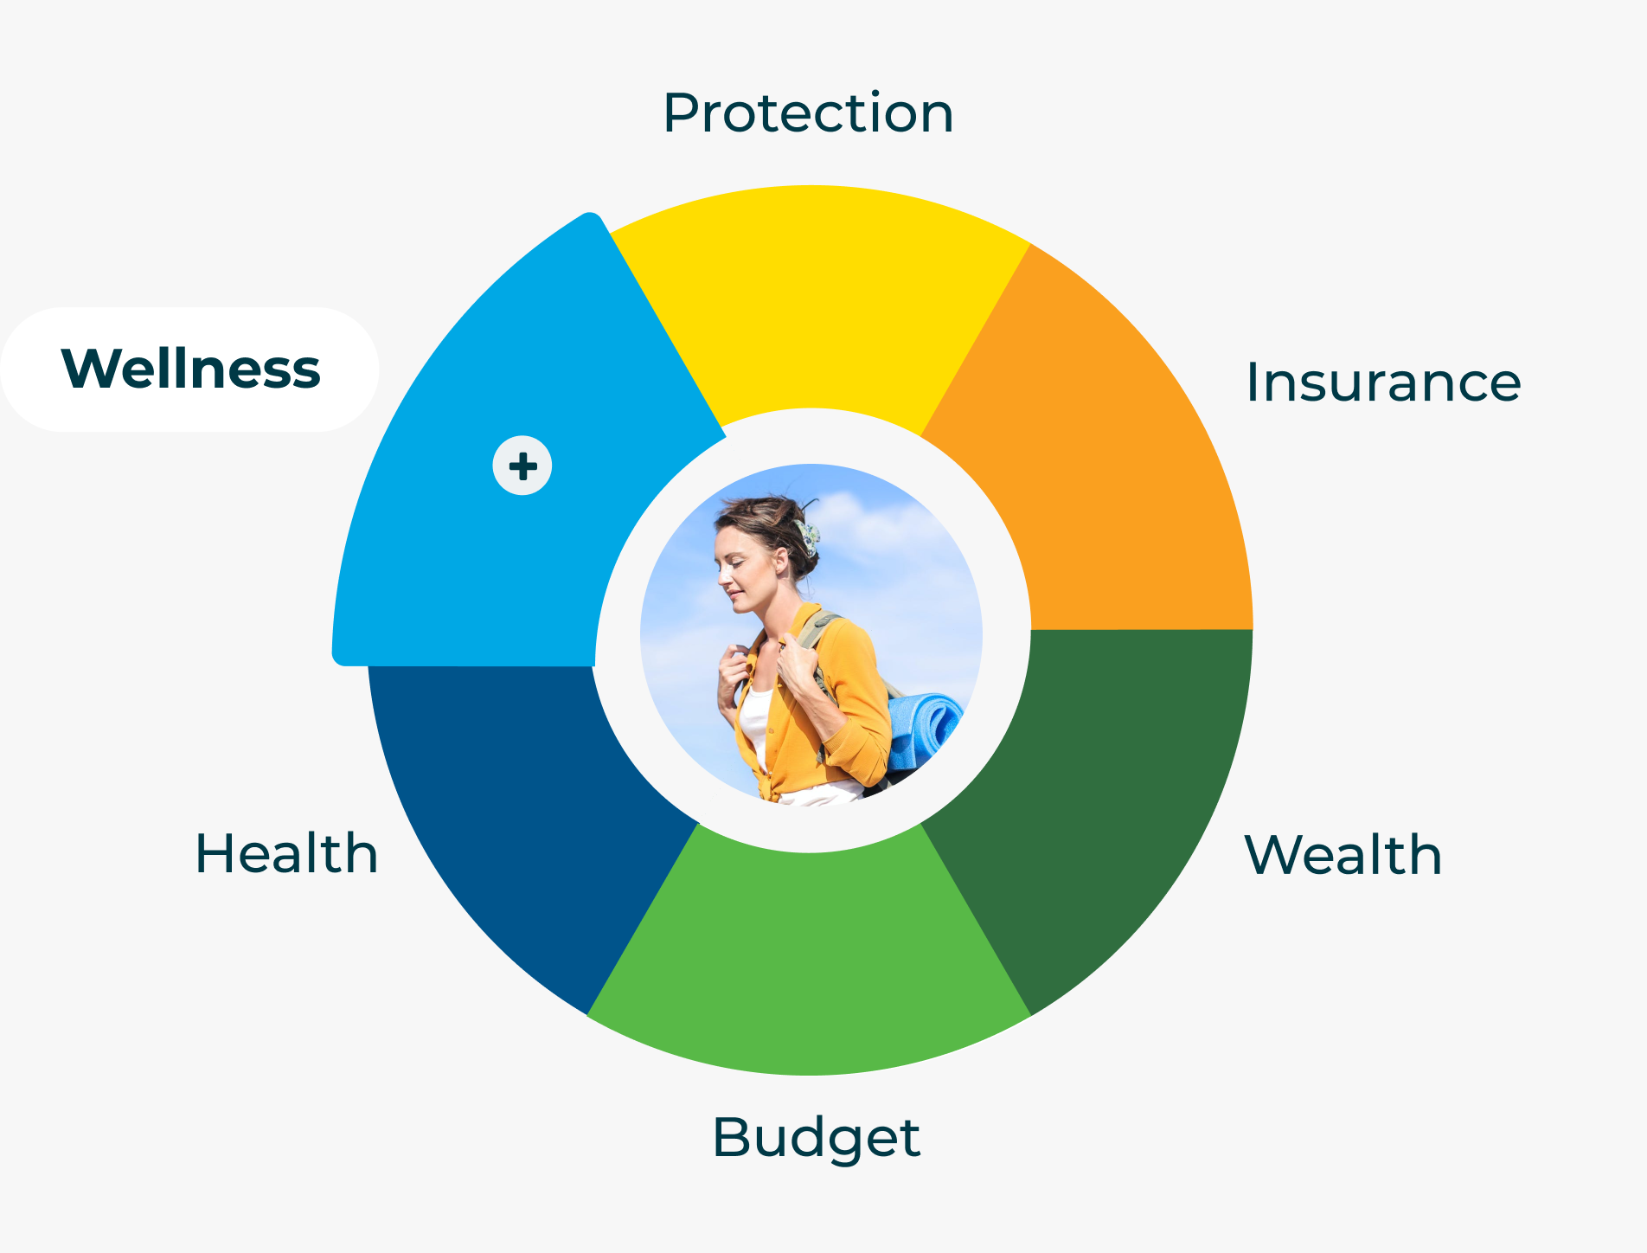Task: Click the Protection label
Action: (808, 112)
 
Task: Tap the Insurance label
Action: (1383, 382)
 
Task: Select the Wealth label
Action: (1343, 854)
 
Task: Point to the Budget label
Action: (816, 1139)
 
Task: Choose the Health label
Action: (286, 853)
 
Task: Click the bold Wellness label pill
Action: (189, 369)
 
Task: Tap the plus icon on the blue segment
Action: (522, 466)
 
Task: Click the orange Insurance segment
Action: (1116, 467)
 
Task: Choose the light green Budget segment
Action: (810, 961)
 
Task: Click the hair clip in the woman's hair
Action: (807, 537)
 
